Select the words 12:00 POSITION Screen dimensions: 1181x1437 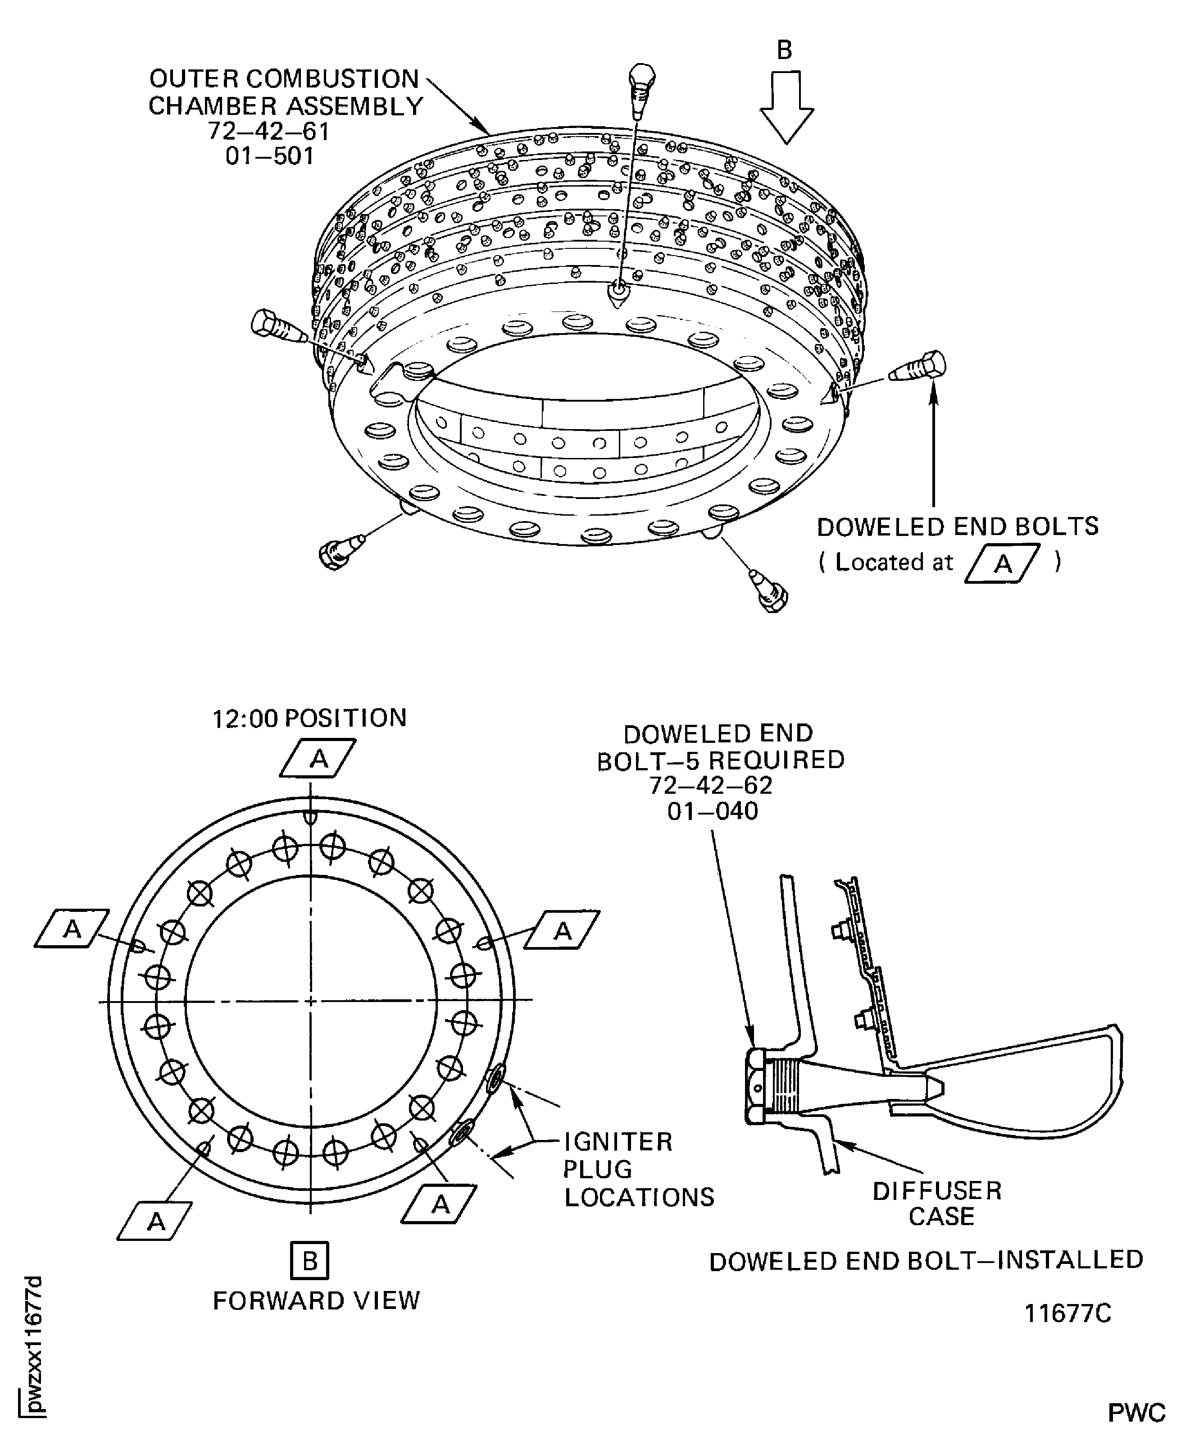(309, 718)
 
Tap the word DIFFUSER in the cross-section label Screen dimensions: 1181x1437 (937, 1190)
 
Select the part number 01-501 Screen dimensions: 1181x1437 (270, 156)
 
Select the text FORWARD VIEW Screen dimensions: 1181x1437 (316, 1301)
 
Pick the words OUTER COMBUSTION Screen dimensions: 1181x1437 (284, 79)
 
